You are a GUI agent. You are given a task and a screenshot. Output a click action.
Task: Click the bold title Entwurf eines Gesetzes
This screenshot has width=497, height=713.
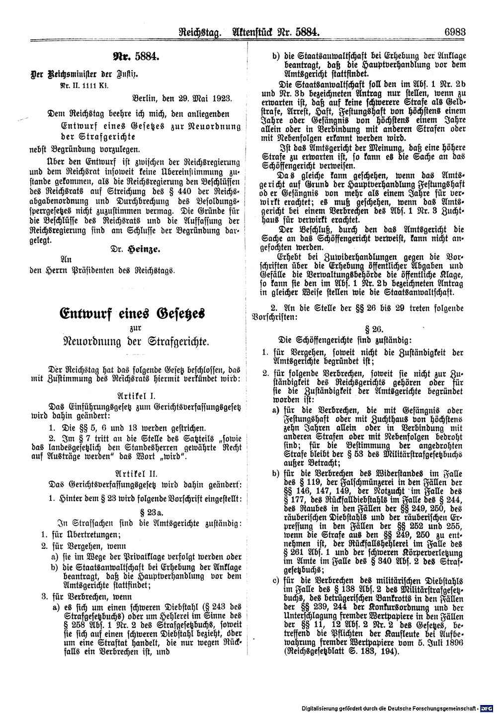click(132, 315)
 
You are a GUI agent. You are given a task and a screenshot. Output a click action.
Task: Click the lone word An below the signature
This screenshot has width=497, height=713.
click(65, 259)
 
